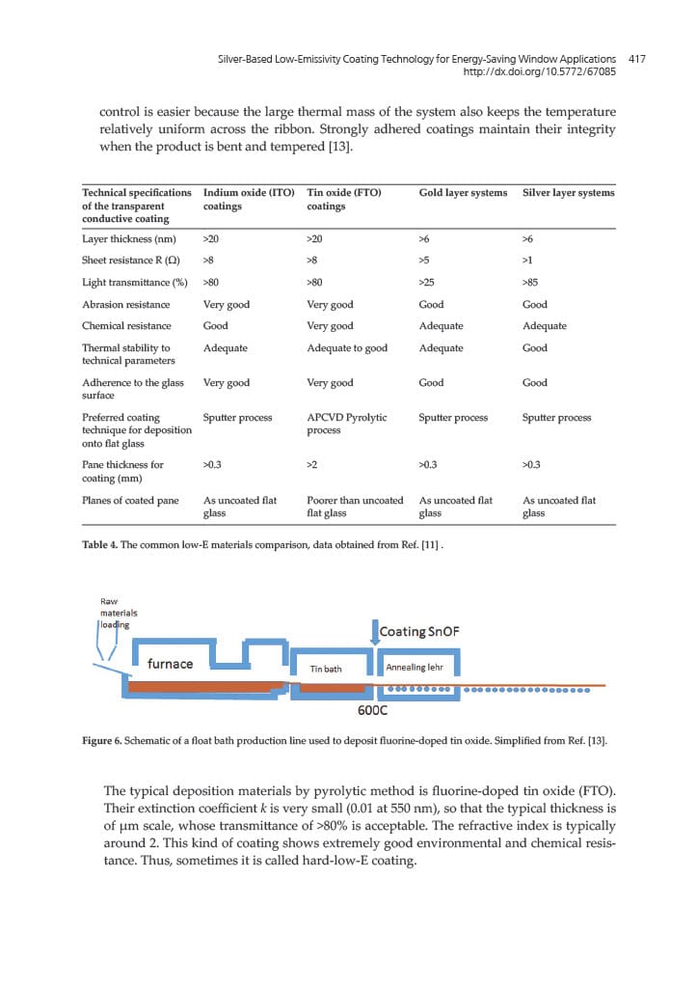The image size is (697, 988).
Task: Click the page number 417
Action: [635, 59]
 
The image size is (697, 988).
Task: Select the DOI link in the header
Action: [539, 72]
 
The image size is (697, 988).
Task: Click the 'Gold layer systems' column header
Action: [463, 193]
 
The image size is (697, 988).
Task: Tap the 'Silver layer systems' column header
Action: [568, 193]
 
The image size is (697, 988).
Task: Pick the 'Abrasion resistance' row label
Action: [126, 304]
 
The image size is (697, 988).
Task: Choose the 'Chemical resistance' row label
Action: [126, 326]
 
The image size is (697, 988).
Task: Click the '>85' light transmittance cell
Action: [530, 283]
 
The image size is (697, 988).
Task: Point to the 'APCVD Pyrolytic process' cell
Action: [346, 424]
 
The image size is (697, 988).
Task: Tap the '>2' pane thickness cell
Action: [312, 465]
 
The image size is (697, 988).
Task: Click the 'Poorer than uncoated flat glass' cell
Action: [354, 507]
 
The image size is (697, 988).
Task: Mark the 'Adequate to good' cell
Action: [346, 348]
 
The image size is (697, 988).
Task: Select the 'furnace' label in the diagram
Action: [170, 664]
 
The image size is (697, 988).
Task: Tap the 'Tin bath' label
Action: [327, 668]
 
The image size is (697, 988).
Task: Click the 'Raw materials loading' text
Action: [119, 613]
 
